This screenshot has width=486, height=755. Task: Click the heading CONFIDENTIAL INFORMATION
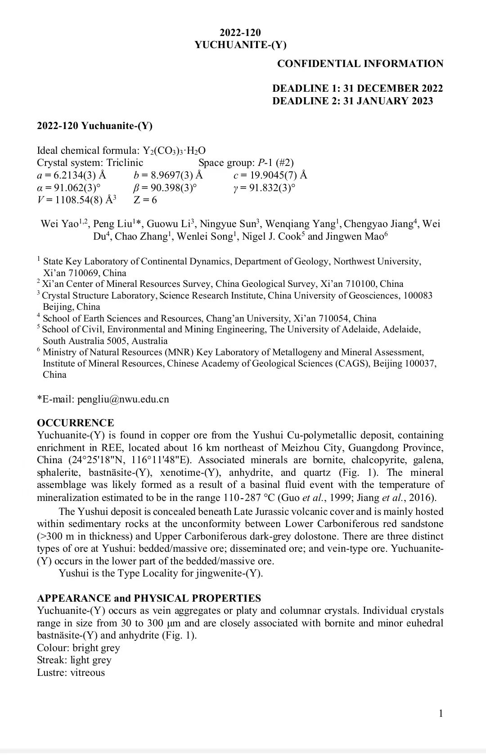coord(360,64)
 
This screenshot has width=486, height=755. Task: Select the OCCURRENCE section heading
coord(75,423)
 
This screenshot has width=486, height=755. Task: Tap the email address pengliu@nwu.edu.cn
coord(123,399)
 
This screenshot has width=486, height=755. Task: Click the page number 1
coord(441,713)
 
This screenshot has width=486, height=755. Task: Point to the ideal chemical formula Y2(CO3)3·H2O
coord(174,151)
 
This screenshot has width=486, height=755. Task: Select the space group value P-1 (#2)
coord(275,163)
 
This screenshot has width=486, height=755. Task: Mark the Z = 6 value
coord(145,200)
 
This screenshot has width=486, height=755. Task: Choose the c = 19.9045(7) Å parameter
coord(270,175)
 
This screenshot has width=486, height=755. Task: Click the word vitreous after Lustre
coord(87,673)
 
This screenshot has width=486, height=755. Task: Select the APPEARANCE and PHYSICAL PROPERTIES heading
coord(148,598)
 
